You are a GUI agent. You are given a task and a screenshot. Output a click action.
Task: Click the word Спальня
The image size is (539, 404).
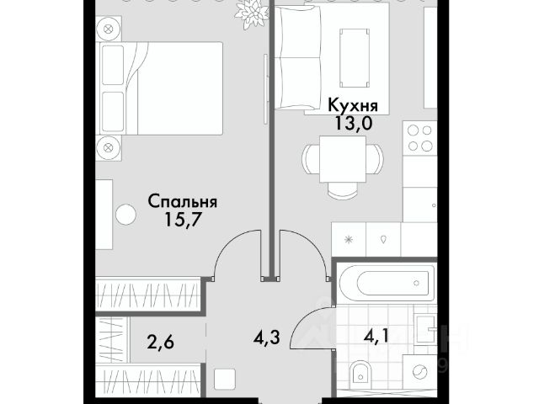pos(183,202)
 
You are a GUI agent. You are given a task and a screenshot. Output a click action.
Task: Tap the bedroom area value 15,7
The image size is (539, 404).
pos(183,219)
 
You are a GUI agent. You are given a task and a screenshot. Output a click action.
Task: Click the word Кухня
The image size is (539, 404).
pos(353,105)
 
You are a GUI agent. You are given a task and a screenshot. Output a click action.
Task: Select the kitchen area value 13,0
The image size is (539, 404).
pos(354,123)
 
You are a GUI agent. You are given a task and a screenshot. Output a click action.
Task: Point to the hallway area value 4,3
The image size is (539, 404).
pos(267,338)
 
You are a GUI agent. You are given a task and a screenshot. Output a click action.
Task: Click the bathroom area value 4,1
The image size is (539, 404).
pos(376,336)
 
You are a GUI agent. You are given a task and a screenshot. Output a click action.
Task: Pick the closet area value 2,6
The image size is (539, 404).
pos(160,343)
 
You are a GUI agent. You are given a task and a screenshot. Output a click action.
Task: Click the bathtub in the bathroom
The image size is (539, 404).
pos(387,284)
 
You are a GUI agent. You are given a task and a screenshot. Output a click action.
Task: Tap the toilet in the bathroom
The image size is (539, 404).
pos(360,375)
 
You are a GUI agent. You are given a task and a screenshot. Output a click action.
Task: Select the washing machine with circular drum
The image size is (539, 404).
pos(419,372)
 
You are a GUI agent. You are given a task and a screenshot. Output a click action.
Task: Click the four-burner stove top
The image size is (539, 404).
pos(419,138)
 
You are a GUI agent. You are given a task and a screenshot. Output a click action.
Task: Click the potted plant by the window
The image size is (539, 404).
pos(251,13)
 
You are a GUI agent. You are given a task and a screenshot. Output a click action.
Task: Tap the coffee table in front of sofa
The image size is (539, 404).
pos(355,58)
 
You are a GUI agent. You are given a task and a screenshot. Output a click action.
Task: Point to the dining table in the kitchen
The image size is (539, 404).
pos(343,159)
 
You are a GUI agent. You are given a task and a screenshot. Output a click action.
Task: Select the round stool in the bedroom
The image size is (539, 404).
pos(125,215)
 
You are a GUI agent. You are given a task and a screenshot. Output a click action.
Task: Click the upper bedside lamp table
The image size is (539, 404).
pos(109,29)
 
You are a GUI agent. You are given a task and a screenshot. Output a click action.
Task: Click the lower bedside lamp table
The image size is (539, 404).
pos(109,148)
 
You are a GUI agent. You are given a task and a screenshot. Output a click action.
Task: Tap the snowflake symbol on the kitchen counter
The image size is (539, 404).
pos(349,239)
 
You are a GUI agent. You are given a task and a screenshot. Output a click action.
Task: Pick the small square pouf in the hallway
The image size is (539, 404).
pos(225,380)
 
